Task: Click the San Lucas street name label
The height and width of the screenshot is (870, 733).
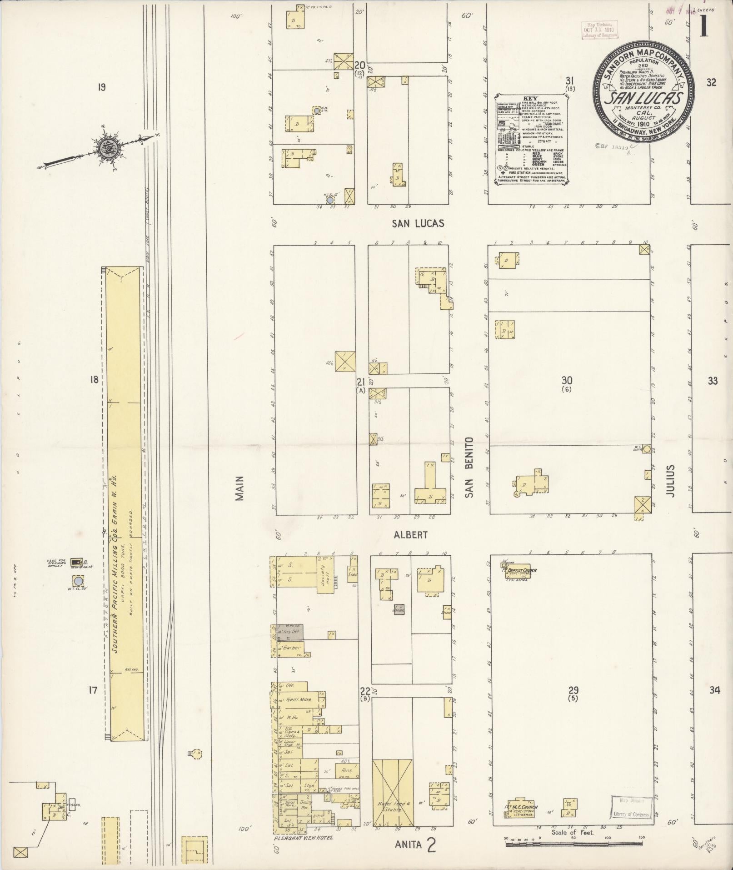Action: click(418, 223)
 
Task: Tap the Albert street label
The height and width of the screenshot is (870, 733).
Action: click(410, 535)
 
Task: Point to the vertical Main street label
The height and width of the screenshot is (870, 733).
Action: click(240, 488)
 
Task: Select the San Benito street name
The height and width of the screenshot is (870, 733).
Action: click(469, 467)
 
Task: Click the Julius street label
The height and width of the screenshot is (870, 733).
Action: click(671, 480)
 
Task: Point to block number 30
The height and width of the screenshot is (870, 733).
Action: click(567, 381)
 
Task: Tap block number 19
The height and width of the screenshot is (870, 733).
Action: click(101, 86)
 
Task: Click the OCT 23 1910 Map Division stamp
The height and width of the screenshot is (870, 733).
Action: click(598, 29)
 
